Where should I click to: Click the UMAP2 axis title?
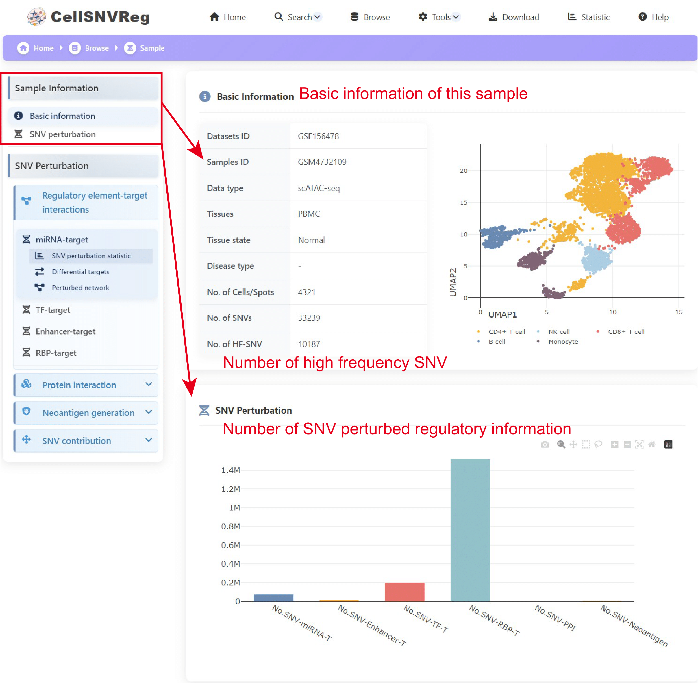[453, 282]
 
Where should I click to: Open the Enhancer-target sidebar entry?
[65, 332]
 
